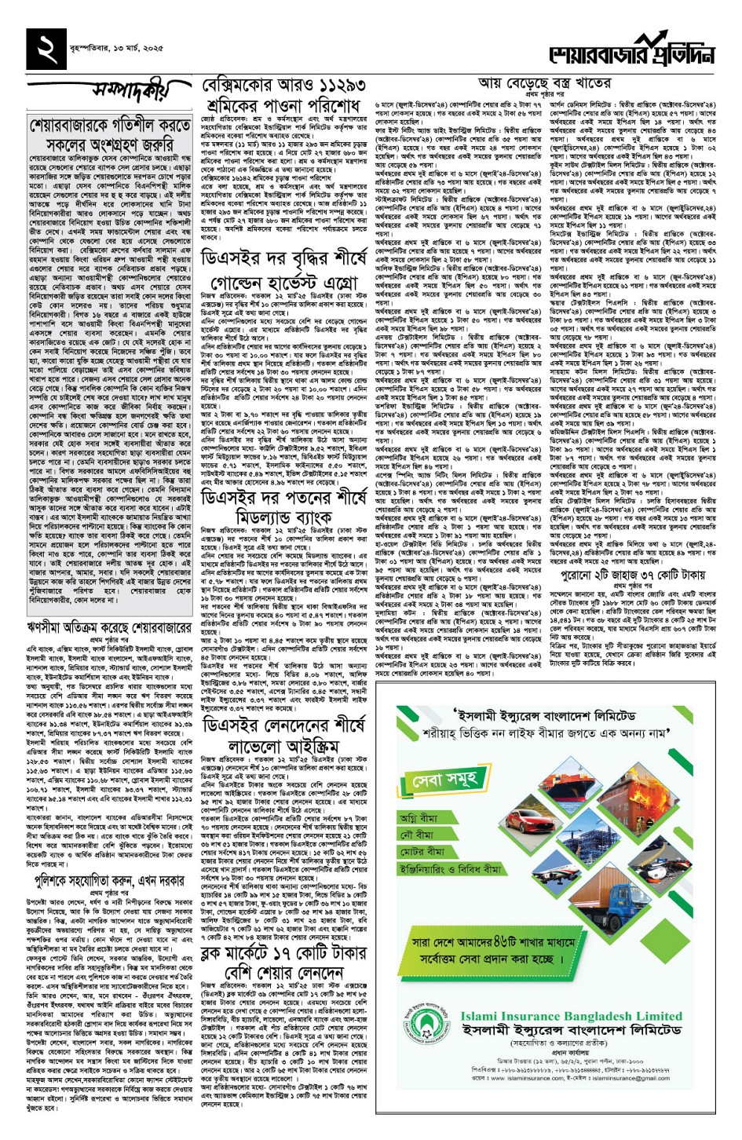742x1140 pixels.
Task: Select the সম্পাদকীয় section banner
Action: coord(130,92)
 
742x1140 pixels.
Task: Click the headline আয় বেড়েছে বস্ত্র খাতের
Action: coord(545,83)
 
